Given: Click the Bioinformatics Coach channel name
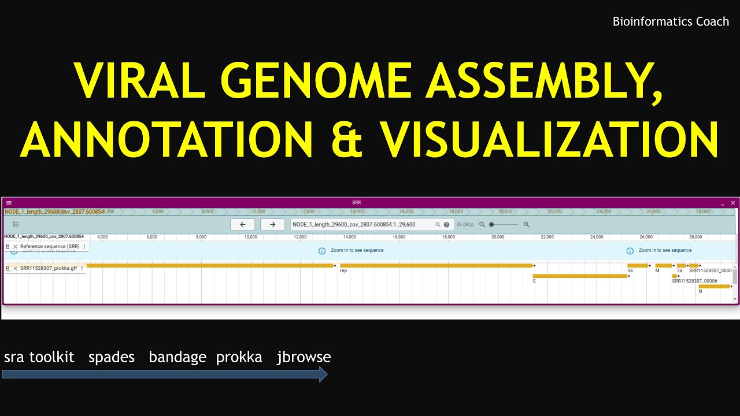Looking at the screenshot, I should coord(671,22).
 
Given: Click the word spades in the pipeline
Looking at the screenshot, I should coord(112,357).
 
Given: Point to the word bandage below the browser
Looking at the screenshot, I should coord(177,357).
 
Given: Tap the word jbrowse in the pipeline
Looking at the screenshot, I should coord(304,357).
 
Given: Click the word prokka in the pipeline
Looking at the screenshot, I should coord(239,357).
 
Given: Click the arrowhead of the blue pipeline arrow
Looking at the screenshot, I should coord(323,374).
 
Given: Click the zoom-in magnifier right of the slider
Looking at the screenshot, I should coord(526,224).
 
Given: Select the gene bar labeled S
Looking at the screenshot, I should coord(580,276).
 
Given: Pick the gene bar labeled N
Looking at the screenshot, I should coord(714,286).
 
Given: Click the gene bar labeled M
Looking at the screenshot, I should coord(663,266).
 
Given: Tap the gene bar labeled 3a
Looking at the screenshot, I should coord(638,266).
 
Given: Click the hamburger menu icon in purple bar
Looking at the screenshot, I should coord(9,203).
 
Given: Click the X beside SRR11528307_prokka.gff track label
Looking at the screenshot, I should coord(16,268).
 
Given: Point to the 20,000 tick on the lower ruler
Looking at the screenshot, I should coord(498,237).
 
